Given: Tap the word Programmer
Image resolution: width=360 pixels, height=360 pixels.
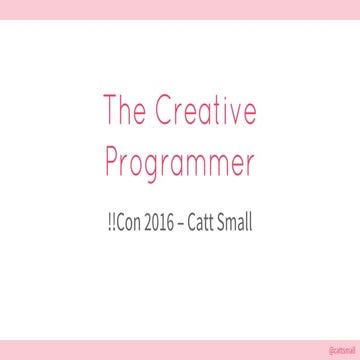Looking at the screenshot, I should pyautogui.click(x=180, y=163).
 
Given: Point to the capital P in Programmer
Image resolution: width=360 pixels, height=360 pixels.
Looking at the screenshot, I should pyautogui.click(x=112, y=161).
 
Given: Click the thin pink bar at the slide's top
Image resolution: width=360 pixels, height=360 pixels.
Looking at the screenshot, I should pyautogui.click(x=180, y=9).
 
